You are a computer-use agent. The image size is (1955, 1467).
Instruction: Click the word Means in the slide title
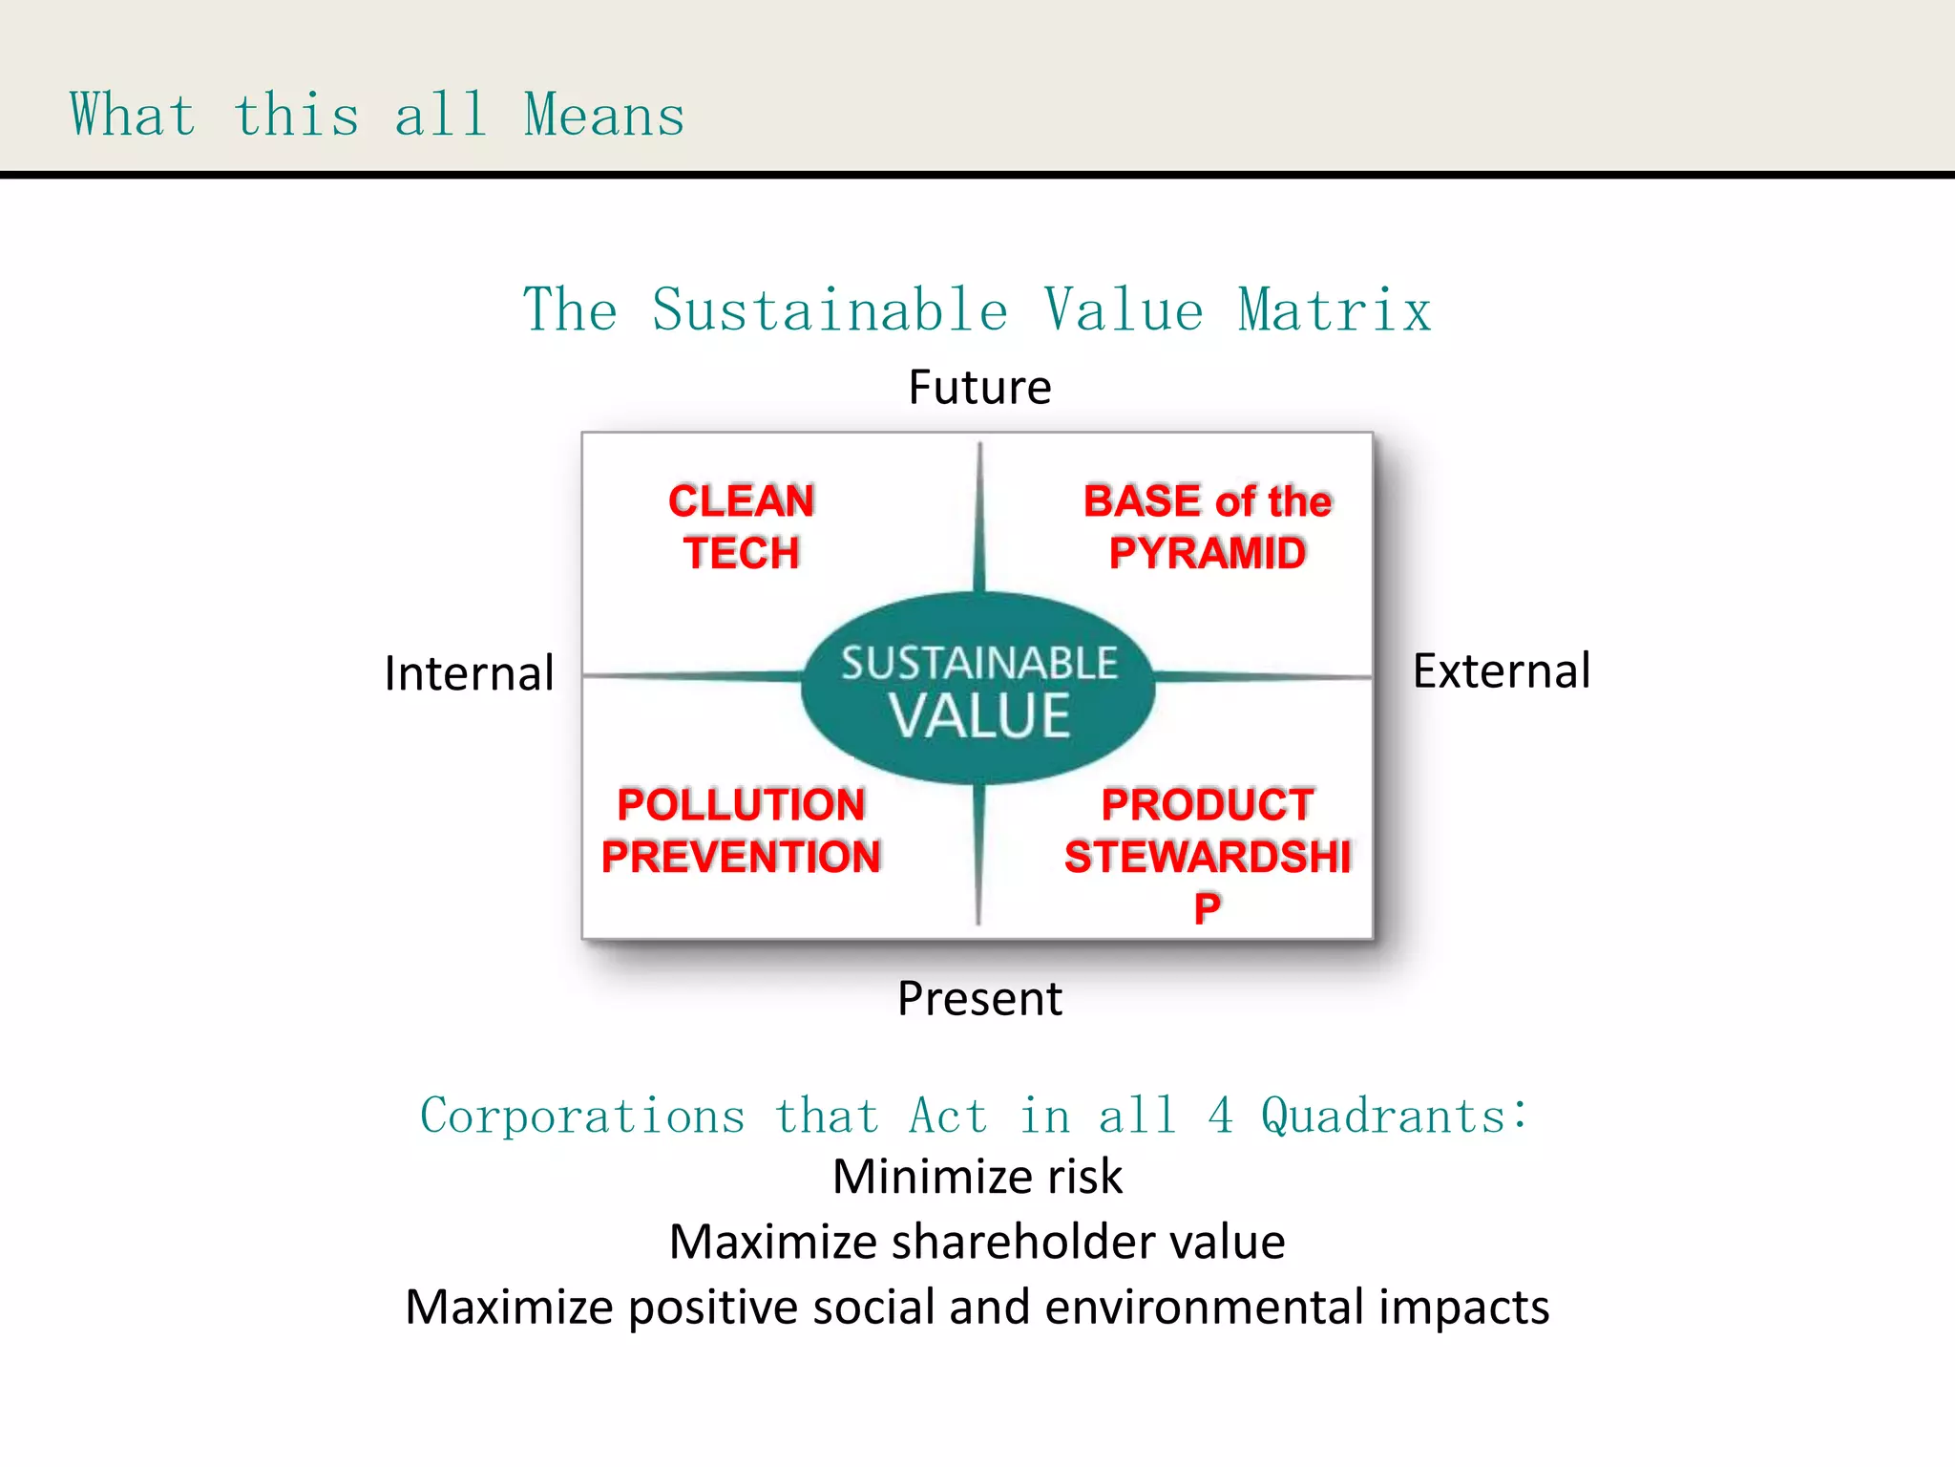click(604, 116)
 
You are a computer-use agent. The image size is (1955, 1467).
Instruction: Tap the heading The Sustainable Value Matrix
click(977, 310)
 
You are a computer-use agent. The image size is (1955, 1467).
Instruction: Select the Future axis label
click(979, 388)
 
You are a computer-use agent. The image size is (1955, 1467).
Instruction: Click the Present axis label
click(979, 999)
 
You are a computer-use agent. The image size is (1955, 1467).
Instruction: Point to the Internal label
click(469, 673)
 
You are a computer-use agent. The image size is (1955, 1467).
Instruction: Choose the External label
click(1501, 670)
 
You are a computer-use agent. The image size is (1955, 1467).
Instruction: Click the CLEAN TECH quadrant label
click(741, 527)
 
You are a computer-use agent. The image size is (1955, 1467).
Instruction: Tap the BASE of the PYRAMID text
click(1207, 527)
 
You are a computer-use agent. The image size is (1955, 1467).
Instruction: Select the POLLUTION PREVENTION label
click(741, 831)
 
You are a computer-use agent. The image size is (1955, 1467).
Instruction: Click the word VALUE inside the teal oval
click(979, 716)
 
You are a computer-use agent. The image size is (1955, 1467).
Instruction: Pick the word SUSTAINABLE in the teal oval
click(978, 664)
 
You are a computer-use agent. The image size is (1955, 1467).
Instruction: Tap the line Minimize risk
click(977, 1177)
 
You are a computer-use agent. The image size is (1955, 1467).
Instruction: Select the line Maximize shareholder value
click(977, 1242)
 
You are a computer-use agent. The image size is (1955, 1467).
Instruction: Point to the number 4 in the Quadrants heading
click(1220, 1116)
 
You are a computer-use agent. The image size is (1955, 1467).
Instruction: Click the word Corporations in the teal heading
click(582, 1116)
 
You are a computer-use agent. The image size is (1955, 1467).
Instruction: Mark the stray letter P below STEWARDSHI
click(1207, 908)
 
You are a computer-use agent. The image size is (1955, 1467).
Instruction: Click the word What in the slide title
click(133, 116)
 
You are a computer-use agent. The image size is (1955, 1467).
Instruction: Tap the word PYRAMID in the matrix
click(1207, 553)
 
